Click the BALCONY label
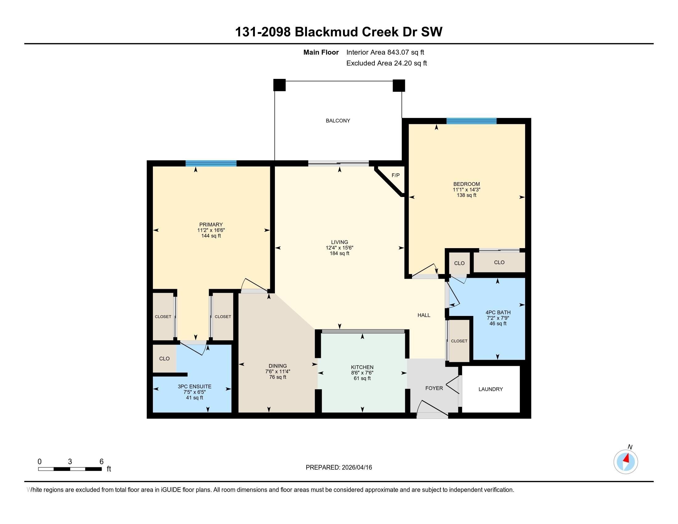click(x=338, y=121)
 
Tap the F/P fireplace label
click(x=395, y=175)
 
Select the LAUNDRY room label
click(x=491, y=389)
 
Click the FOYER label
click(x=434, y=388)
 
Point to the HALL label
click(x=424, y=315)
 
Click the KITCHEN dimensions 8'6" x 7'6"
click(x=362, y=373)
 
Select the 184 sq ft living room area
click(x=339, y=253)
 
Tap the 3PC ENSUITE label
click(x=195, y=387)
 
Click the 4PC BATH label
click(x=498, y=313)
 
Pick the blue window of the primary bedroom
click(x=211, y=163)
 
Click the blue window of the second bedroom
click(x=472, y=121)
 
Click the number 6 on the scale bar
click(x=101, y=462)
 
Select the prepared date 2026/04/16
click(x=356, y=468)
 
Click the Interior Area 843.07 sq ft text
click(x=385, y=52)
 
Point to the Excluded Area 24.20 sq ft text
click(x=386, y=63)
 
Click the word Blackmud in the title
click(x=327, y=32)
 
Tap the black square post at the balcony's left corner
click(x=280, y=85)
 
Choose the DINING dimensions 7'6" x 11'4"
click(x=278, y=372)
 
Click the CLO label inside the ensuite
click(x=164, y=359)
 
